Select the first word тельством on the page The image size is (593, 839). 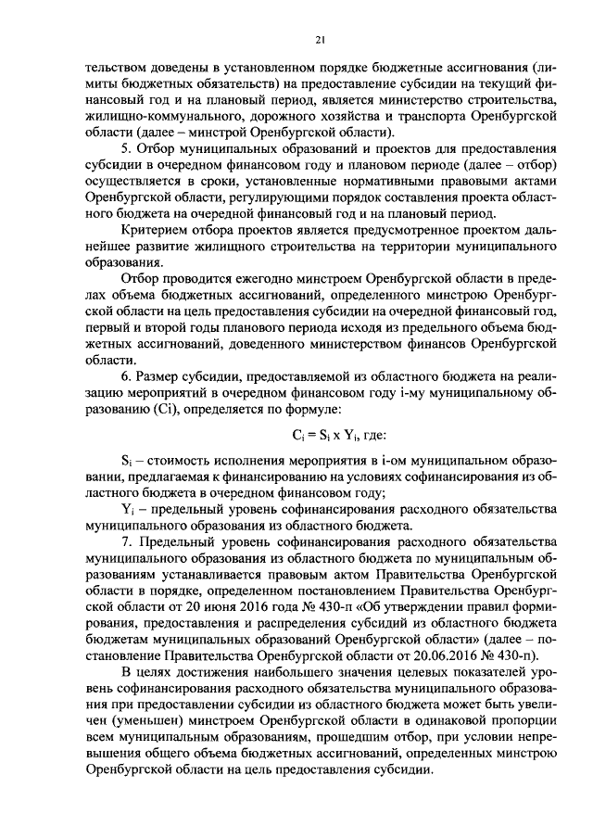tap(115, 66)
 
